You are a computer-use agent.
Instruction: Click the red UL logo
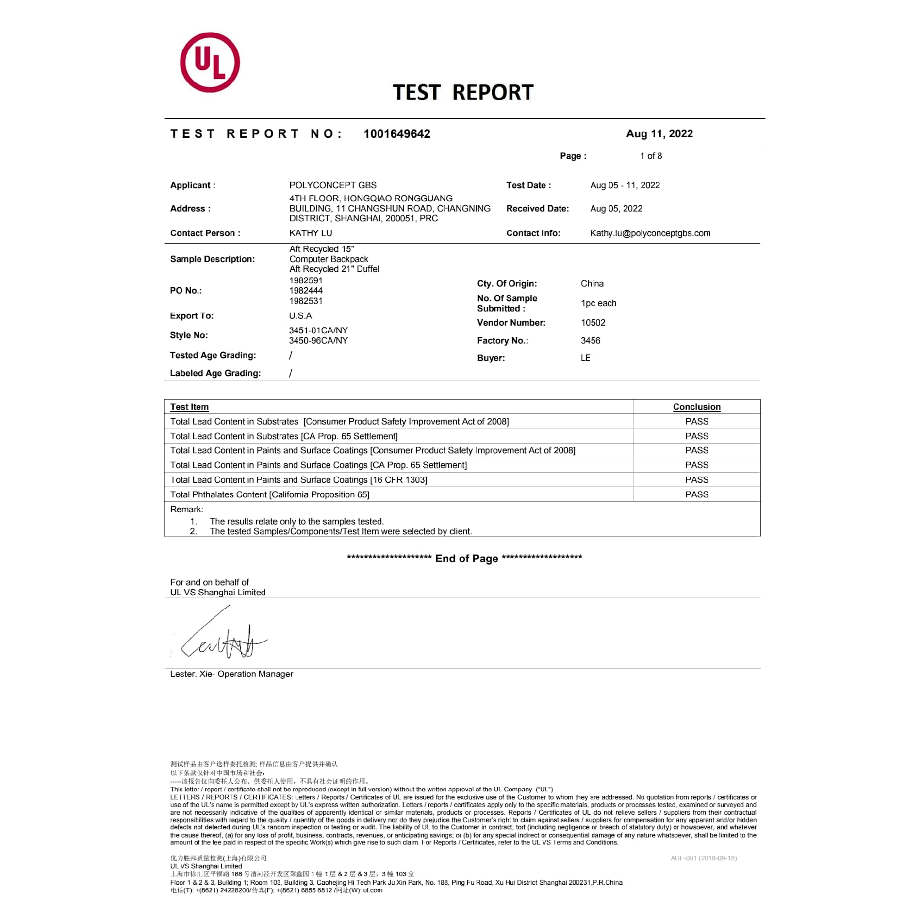pyautogui.click(x=210, y=63)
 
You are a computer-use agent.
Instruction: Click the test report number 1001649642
pyautogui.click(x=396, y=134)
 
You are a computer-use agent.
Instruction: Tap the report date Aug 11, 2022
pyautogui.click(x=659, y=134)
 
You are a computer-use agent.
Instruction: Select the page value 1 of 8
pyautogui.click(x=651, y=156)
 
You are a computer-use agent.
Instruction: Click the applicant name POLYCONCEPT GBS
pyautogui.click(x=332, y=185)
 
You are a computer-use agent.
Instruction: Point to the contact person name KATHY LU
pyautogui.click(x=311, y=233)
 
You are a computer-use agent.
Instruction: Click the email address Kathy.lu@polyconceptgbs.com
pyautogui.click(x=650, y=233)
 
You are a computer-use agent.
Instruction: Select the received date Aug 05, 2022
pyautogui.click(x=616, y=209)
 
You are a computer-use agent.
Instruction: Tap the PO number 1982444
pyautogui.click(x=306, y=291)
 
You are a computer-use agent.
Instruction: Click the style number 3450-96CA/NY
pyautogui.click(x=318, y=341)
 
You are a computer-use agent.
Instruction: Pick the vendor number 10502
pyautogui.click(x=593, y=323)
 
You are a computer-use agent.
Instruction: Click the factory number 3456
pyautogui.click(x=590, y=341)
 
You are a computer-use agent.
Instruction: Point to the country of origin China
pyautogui.click(x=592, y=284)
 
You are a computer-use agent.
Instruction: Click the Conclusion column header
pyautogui.click(x=696, y=407)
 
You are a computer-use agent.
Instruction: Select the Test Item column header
pyautogui.click(x=189, y=407)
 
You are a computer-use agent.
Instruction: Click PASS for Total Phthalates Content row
pyautogui.click(x=696, y=494)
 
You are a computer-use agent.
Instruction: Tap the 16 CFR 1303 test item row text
pyautogui.click(x=298, y=480)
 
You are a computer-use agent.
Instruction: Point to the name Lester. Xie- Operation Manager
pyautogui.click(x=231, y=674)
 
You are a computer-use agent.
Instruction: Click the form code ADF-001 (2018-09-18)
pyautogui.click(x=703, y=858)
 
